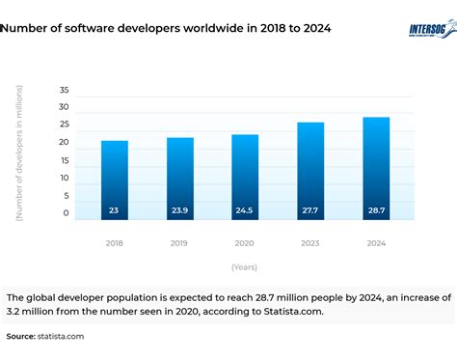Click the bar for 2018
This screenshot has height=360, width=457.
[115, 180]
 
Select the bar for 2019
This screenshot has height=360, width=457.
[180, 178]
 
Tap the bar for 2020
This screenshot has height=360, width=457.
[245, 177]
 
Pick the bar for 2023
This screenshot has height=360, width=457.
[310, 170]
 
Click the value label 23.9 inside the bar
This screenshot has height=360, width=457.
[180, 209]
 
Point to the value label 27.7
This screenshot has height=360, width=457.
[310, 209]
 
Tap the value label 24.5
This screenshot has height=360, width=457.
[245, 209]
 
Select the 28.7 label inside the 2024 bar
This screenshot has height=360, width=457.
[376, 209]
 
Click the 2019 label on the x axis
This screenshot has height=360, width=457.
[180, 243]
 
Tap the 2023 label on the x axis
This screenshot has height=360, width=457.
[310, 243]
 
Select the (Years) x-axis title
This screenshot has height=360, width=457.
[245, 266]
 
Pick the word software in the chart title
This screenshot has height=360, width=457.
[100, 29]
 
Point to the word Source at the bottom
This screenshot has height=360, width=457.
[20, 336]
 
